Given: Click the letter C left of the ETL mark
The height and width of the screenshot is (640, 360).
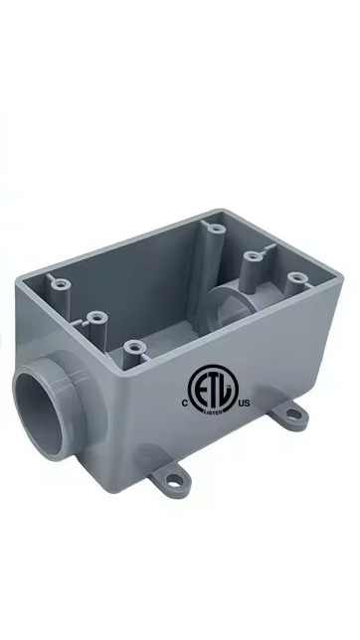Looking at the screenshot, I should point(184,403).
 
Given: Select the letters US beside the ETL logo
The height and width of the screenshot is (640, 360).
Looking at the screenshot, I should point(246,403).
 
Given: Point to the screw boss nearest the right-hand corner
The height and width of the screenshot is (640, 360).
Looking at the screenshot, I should point(295,280).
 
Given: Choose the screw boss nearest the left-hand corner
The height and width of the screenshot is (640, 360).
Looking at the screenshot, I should point(61,284).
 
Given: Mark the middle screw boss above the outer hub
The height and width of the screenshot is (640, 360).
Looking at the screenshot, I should point(96,317).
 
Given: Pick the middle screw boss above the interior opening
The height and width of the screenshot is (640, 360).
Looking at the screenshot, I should point(254,256).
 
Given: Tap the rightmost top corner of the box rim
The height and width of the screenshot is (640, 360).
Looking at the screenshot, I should point(340,273).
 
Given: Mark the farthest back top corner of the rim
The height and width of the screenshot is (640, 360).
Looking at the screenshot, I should point(225,211).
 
